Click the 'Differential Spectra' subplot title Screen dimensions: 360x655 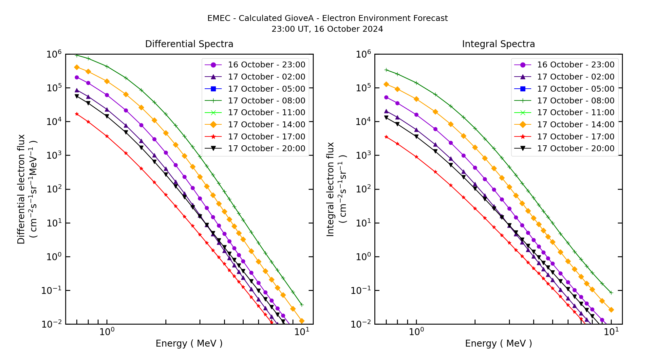189,44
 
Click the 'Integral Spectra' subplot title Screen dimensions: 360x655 498,44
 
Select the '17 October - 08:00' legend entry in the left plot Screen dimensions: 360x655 266,101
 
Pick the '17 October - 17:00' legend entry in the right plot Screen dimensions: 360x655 575,137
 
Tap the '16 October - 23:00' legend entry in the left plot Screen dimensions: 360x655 266,65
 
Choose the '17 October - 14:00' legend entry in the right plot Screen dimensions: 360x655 575,125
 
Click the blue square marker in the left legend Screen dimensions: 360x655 213,89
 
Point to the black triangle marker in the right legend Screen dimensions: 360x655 523,149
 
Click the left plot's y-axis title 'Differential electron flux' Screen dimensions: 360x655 21,189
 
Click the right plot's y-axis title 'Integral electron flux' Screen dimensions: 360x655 330,189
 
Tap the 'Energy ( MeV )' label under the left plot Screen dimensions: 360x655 189,343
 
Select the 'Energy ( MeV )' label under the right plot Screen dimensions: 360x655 498,343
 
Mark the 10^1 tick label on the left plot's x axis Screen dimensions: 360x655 301,332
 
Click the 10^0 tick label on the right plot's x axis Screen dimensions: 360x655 416,332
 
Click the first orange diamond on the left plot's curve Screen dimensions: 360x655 77,67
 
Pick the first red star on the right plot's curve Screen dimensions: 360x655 386,137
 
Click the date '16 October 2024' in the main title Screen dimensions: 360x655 348,29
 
